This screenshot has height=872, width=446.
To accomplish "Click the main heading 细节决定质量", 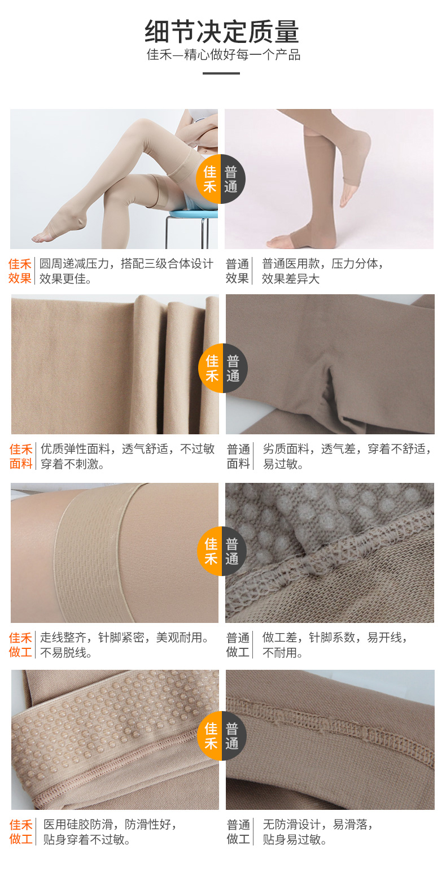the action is tap(222, 32).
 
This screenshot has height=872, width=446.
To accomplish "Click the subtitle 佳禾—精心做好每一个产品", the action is tap(224, 55).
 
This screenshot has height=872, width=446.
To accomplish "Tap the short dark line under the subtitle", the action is tap(221, 73).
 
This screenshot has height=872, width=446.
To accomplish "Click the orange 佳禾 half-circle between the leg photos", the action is tap(208, 179).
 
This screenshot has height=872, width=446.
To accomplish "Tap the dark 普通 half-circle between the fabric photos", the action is tap(235, 368).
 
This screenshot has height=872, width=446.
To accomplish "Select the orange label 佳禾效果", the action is tap(20, 271).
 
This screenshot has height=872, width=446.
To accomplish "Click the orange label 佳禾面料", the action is tap(21, 456).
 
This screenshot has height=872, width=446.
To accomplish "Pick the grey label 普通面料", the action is tap(238, 456).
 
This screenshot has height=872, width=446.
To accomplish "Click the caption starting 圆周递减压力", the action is tap(126, 271).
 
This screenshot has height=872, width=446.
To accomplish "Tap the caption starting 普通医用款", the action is tap(322, 271).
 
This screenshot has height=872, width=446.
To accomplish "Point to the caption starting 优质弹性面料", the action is tap(128, 456).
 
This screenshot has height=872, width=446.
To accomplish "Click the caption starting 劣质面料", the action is tap(347, 456).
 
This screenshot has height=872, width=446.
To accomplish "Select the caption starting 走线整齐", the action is tap(125, 644).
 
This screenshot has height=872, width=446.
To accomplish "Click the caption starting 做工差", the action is tap(335, 644).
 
